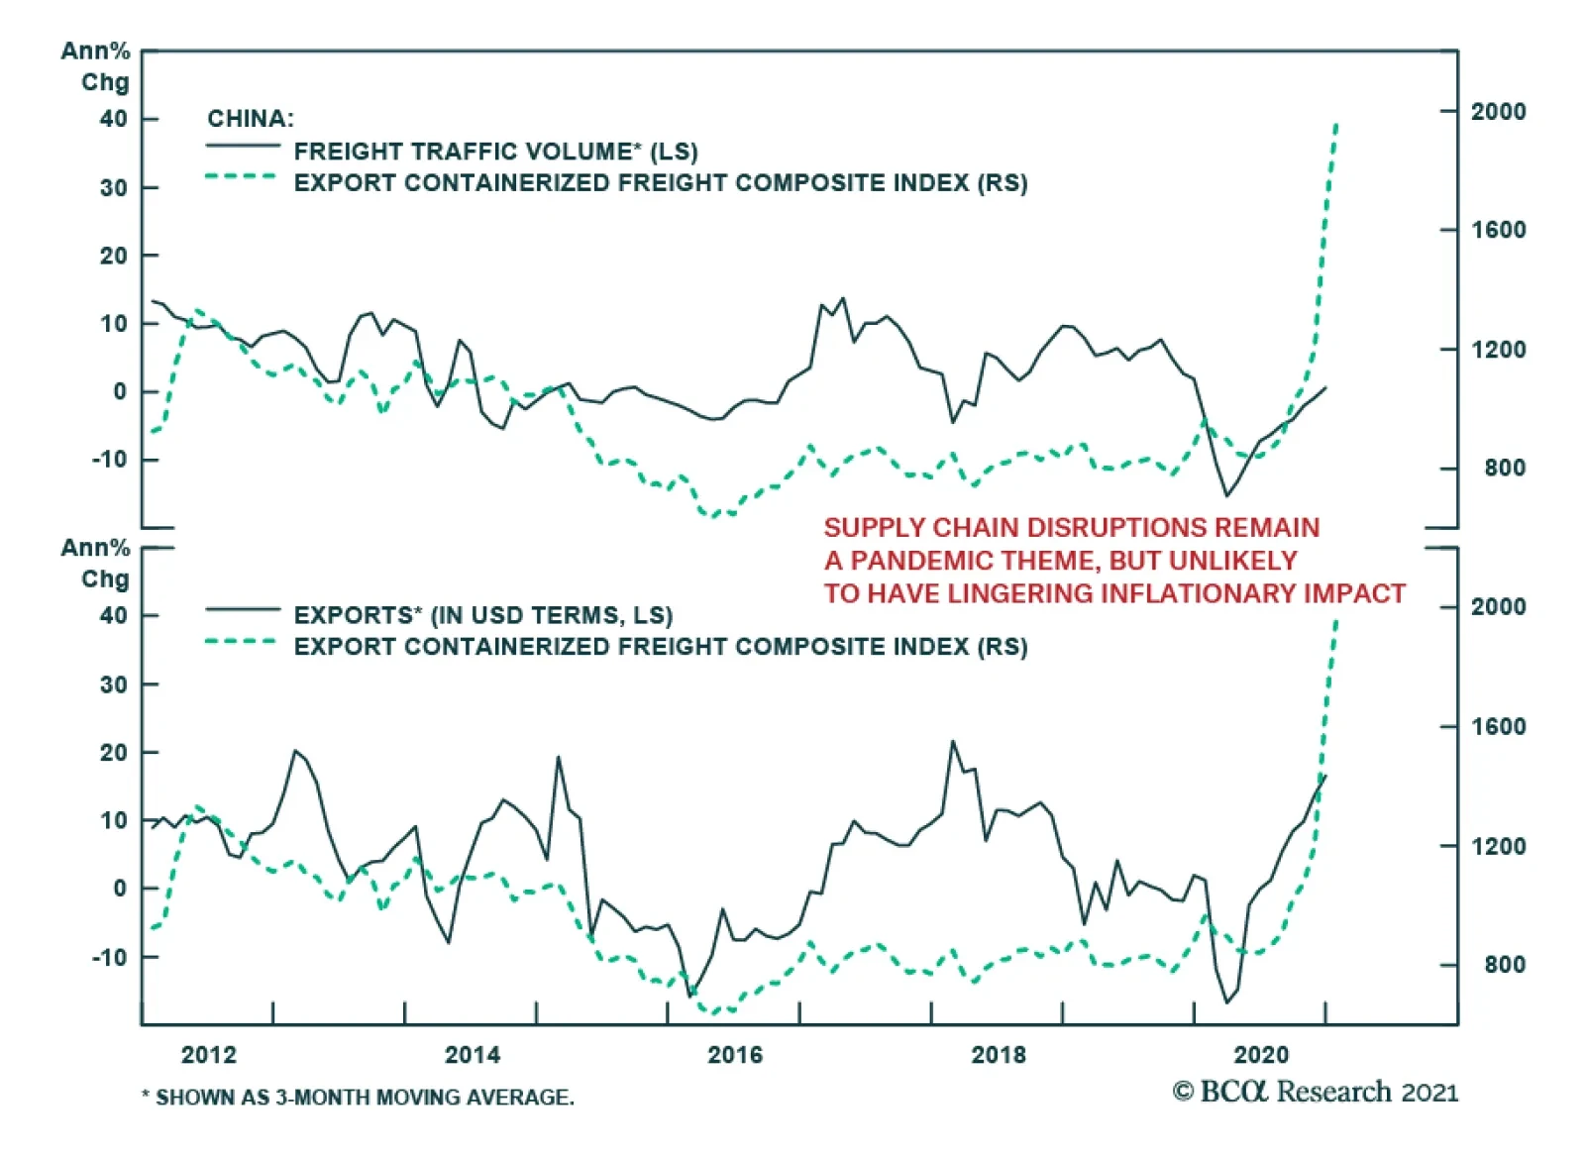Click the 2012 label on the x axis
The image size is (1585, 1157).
[209, 1054]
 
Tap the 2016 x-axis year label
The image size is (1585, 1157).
[735, 1054]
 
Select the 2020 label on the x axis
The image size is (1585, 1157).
[1261, 1054]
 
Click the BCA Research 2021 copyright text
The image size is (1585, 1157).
[1315, 1092]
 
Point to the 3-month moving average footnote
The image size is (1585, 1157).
[358, 1098]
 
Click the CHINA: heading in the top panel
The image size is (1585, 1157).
[251, 119]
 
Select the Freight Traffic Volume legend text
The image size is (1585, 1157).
[495, 152]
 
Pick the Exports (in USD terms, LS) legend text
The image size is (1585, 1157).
[483, 615]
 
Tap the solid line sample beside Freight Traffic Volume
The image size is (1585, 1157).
[243, 148]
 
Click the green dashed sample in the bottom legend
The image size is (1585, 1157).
[241, 642]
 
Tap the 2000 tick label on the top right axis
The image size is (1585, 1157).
[1498, 112]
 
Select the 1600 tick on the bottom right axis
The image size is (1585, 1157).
[1498, 727]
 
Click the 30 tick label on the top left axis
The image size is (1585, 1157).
[114, 188]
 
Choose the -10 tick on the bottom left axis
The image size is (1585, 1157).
[110, 958]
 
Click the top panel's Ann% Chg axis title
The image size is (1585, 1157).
[96, 66]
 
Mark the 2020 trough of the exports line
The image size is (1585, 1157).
[1227, 1002]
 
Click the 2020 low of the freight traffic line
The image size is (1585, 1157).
[1227, 495]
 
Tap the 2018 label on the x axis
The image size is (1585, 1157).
[999, 1054]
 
